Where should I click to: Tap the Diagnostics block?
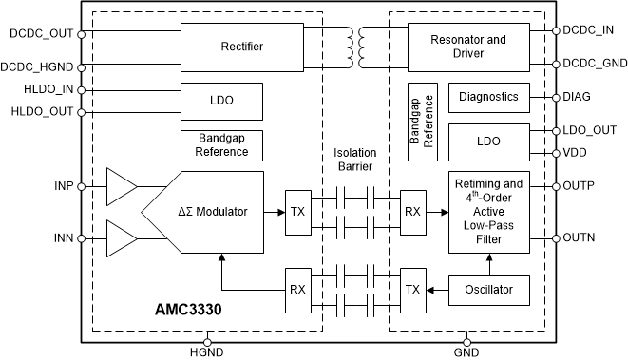[x=487, y=97]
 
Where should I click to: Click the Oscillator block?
[x=487, y=289]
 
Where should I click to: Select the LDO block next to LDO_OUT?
[x=487, y=140]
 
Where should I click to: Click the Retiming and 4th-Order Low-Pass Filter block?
[x=487, y=213]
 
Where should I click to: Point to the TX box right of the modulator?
[x=298, y=212]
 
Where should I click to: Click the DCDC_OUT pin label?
[x=39, y=34]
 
